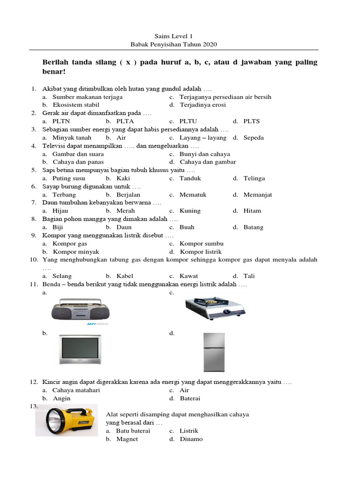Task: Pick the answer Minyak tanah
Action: [72, 138]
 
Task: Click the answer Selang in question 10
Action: [62, 276]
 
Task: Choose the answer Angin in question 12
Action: [61, 398]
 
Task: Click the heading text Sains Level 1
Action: [173, 36]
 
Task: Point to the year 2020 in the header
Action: [210, 45]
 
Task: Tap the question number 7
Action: [34, 202]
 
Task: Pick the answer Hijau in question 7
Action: [60, 211]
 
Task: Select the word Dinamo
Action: [191, 439]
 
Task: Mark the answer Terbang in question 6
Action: [64, 195]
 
